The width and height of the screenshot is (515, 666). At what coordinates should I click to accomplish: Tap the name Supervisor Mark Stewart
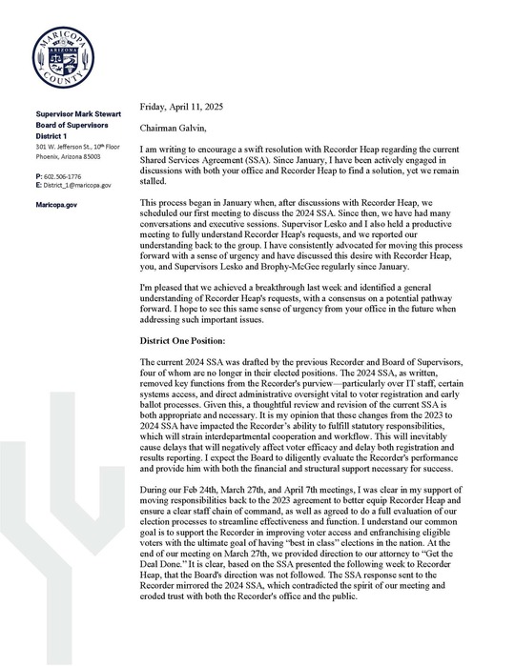[x=75, y=113]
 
